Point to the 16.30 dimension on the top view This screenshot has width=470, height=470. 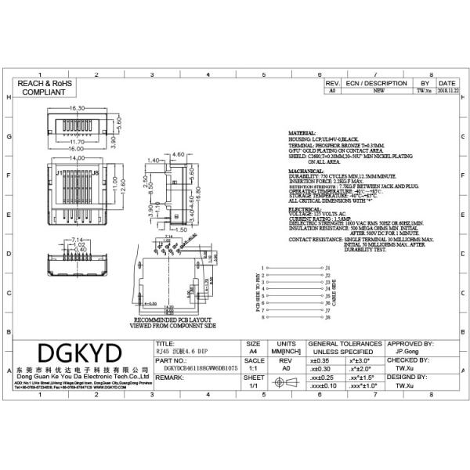point(78,107)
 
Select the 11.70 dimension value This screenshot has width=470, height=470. point(78,142)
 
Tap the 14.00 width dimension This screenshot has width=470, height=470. point(78,159)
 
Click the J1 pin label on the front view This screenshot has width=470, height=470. point(60,172)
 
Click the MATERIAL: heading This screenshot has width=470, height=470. point(302,134)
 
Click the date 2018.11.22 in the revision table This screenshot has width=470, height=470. point(447,91)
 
